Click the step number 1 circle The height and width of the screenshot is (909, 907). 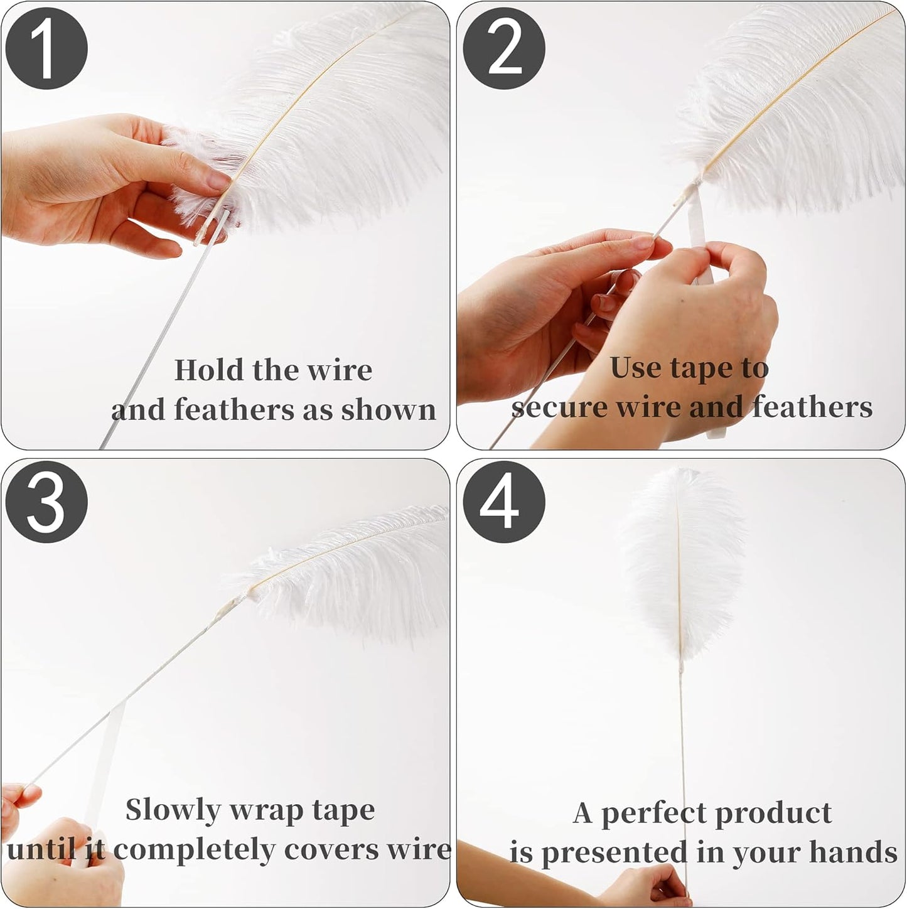click(x=46, y=48)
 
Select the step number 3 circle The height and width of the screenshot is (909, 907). click(x=46, y=503)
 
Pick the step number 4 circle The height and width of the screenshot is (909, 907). click(x=504, y=503)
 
